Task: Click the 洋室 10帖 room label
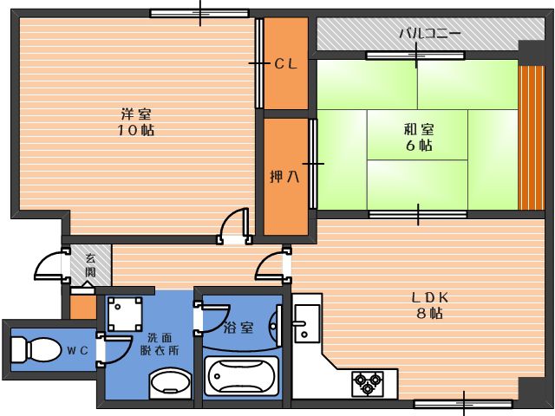(x=136, y=122)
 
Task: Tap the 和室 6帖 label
(x=419, y=137)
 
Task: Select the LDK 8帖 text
(x=430, y=305)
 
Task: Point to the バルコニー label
(x=430, y=34)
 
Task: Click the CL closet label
(x=286, y=64)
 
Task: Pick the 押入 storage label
(x=284, y=176)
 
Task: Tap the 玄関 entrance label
(x=90, y=265)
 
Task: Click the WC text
(x=78, y=350)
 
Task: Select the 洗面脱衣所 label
(x=160, y=344)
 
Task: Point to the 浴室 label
(x=238, y=328)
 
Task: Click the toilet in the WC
(x=36, y=350)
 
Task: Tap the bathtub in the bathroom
(x=241, y=375)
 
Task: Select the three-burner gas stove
(x=368, y=383)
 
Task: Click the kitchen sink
(x=307, y=323)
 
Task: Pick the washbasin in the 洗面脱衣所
(x=170, y=382)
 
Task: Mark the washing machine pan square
(x=125, y=314)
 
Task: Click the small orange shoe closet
(x=83, y=306)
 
